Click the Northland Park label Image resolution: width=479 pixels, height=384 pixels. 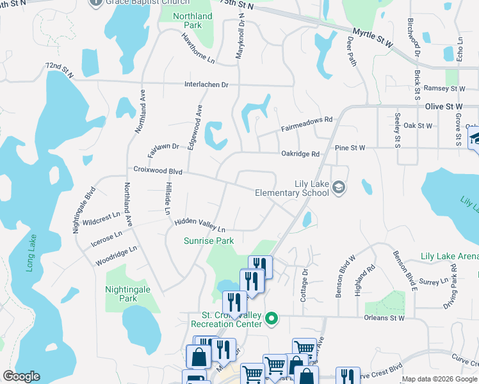click(x=193, y=20)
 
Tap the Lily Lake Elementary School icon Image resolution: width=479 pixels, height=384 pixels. click(x=339, y=187)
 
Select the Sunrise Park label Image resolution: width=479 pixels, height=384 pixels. click(x=209, y=241)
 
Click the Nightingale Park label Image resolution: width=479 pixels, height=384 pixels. click(x=128, y=294)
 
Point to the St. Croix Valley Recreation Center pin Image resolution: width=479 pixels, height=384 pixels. click(x=272, y=317)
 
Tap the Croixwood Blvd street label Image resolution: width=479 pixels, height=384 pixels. click(x=158, y=172)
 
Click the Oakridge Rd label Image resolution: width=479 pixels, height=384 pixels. click(x=300, y=154)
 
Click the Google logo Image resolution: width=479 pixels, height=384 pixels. click(x=22, y=376)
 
